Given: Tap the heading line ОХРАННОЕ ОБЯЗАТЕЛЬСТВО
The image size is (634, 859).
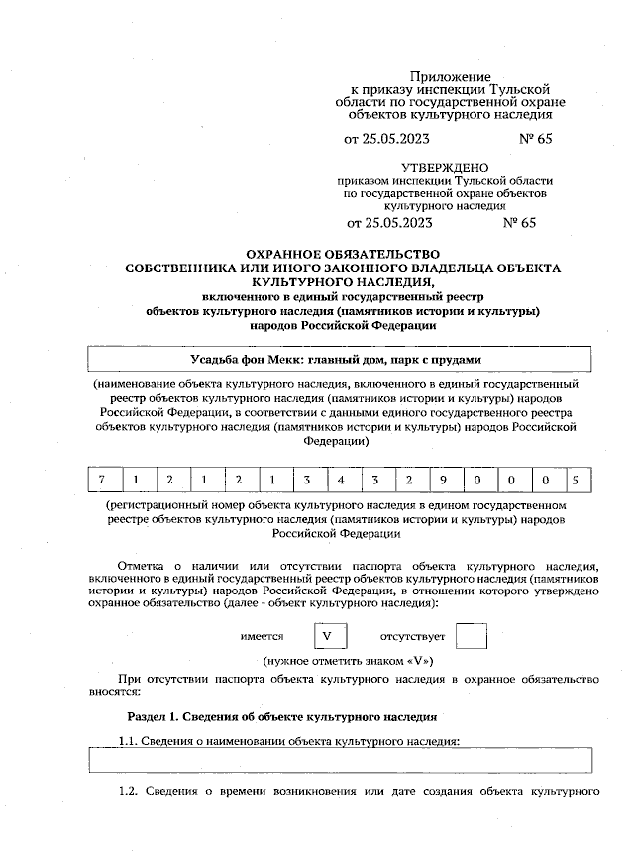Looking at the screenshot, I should pyautogui.click(x=342, y=255).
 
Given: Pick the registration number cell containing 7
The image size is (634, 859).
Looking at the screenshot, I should pyautogui.click(x=102, y=481).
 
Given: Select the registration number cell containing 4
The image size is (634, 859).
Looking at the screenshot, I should pyautogui.click(x=341, y=481).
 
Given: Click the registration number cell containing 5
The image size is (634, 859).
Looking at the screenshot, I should pyautogui.click(x=576, y=481).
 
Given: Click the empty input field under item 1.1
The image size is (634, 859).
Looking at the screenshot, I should pyautogui.click(x=341, y=760).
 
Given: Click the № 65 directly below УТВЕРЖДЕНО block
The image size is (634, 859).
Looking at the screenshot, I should pyautogui.click(x=519, y=223).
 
